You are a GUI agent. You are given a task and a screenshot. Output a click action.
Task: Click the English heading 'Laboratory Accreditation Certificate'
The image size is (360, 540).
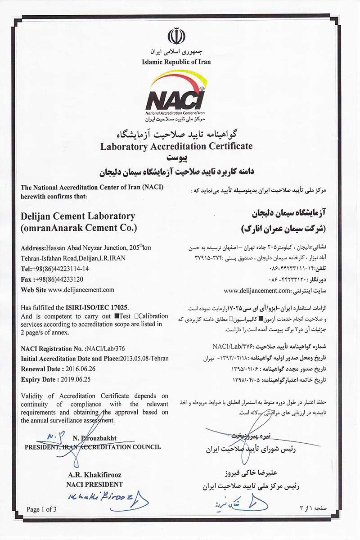pyautogui.click(x=176, y=146)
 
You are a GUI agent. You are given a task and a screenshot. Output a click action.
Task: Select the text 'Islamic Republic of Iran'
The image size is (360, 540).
pyautogui.click(x=176, y=62)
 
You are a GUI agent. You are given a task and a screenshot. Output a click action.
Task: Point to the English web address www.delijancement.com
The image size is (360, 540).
pyautogui.click(x=81, y=290)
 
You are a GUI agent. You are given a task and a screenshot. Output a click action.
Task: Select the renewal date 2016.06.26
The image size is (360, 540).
pyautogui.click(x=81, y=369)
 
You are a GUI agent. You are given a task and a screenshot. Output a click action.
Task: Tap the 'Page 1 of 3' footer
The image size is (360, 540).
pyautogui.click(x=42, y=509)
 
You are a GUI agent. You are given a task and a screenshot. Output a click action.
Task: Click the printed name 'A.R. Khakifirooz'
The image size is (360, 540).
pyautogui.click(x=94, y=475)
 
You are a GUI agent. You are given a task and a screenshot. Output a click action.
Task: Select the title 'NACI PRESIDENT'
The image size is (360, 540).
pyautogui.click(x=94, y=484)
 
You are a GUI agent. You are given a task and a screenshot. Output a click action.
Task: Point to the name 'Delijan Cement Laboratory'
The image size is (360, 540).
pyautogui.click(x=78, y=216)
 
